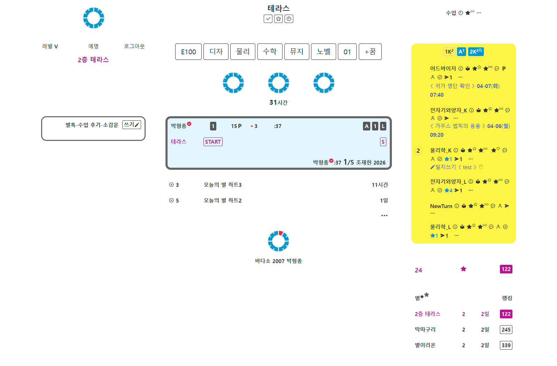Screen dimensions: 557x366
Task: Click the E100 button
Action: click(188, 51)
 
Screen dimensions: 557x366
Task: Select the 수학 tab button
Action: click(270, 51)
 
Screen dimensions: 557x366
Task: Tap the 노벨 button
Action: click(324, 51)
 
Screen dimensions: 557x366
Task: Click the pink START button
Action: click(213, 142)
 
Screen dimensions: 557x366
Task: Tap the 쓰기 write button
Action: click(132, 125)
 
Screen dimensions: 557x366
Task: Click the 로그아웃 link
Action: click(134, 46)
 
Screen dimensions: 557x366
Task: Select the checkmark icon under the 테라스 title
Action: click(268, 19)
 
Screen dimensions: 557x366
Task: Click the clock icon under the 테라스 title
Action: click(289, 19)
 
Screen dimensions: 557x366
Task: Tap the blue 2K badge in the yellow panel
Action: click(476, 51)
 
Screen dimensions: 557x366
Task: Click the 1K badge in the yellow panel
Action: click(449, 51)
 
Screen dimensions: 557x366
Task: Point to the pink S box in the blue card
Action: click(383, 142)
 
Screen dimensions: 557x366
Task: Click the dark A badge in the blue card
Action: click(366, 126)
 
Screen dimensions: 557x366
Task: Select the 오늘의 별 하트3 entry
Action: click(223, 185)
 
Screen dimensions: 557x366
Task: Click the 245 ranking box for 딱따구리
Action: click(506, 329)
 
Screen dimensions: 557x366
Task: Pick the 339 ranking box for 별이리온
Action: click(506, 345)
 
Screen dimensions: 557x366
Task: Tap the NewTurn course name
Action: click(441, 206)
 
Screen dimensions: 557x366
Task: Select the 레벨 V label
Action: click(50, 46)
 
